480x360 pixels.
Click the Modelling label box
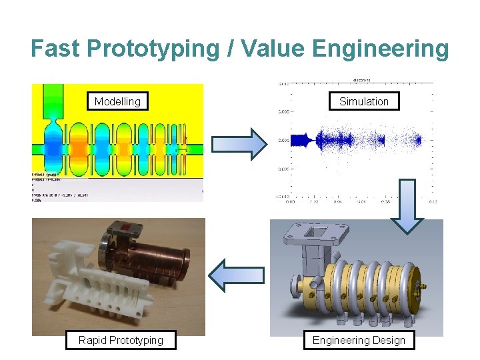117,101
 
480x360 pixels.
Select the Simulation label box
363,101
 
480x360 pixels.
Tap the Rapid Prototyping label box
121,340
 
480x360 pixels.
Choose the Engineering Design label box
359,340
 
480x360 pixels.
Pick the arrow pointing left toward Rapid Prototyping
236,275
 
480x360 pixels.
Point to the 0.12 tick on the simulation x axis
433,201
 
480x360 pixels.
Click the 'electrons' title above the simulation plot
361,79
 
